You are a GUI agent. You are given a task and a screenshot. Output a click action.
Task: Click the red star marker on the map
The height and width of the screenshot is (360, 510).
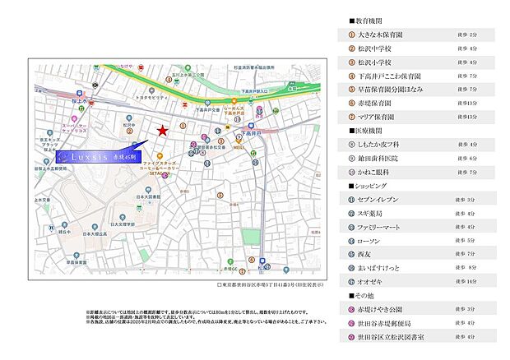tap(163, 131)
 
